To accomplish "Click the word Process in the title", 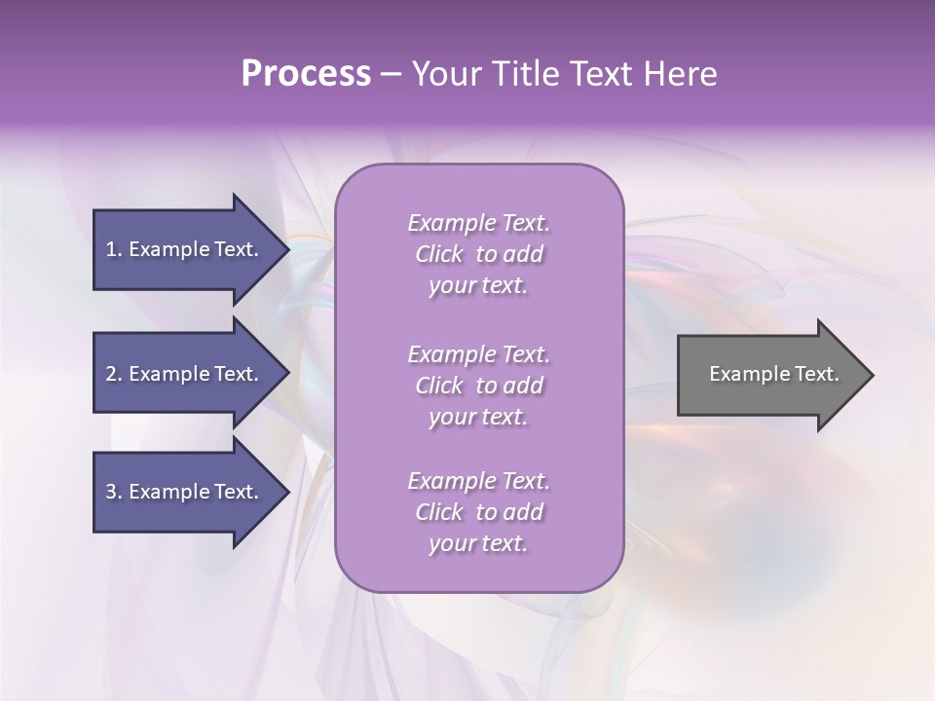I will point(306,74).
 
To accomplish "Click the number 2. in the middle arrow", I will point(114,374).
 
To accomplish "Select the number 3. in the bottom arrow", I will point(114,492).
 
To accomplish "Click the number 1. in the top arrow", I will point(113,249).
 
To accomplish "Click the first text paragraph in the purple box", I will point(478,254).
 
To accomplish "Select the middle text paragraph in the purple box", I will point(478,386).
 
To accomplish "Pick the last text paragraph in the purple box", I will point(478,512).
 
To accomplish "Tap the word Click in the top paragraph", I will point(438,254).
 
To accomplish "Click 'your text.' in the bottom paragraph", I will point(478,543).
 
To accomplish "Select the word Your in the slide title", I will point(443,74).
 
